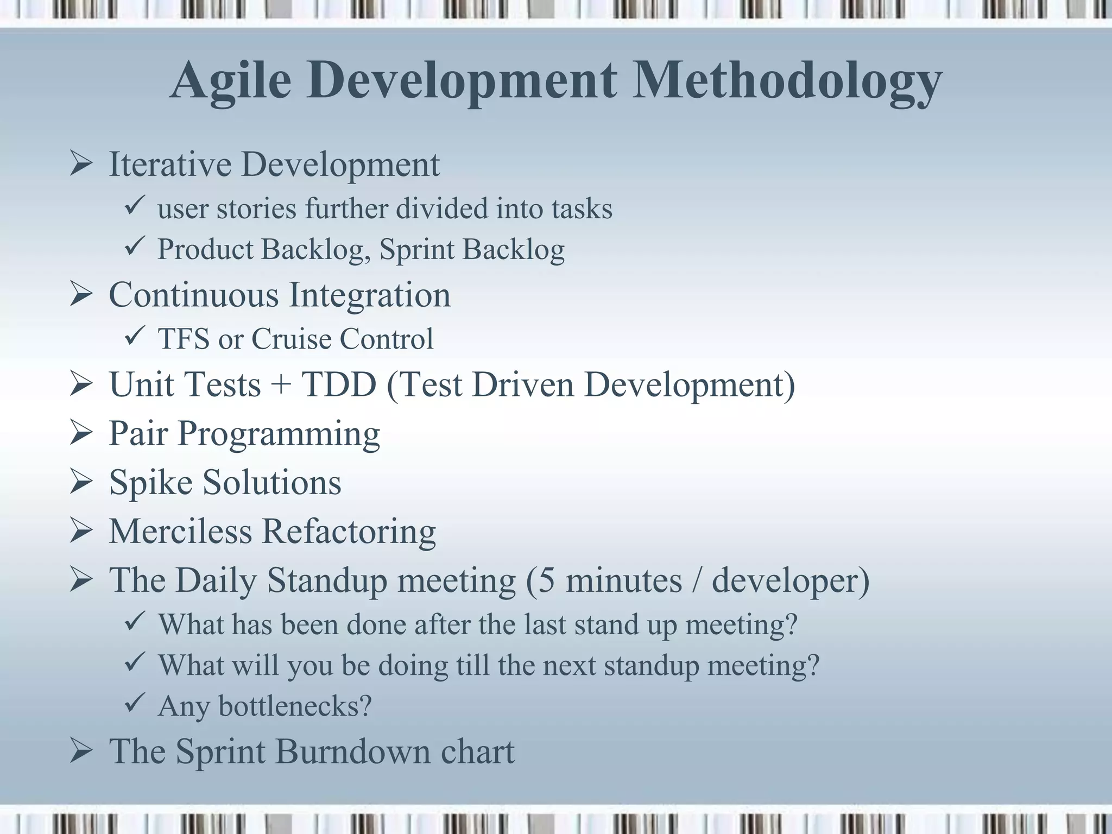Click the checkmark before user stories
134,206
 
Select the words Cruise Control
342,339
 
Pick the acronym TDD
339,384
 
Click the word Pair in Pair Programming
138,434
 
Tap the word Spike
151,483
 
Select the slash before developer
697,580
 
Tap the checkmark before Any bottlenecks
134,704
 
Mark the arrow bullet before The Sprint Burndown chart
81,753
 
